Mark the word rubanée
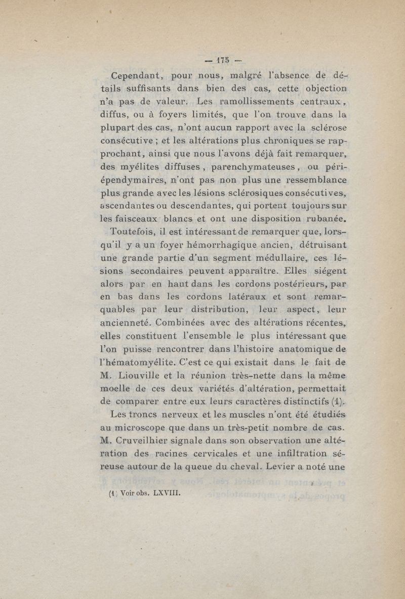pyautogui.click(x=325, y=219)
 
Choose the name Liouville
pyautogui.click(x=143, y=376)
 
